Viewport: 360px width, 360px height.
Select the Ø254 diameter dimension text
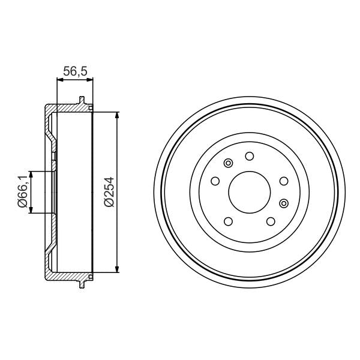click(110, 192)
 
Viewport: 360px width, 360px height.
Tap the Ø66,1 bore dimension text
click(23, 192)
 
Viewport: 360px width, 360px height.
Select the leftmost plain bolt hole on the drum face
click(215, 181)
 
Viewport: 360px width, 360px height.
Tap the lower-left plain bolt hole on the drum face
click(228, 221)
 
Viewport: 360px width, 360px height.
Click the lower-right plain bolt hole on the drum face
click(271, 221)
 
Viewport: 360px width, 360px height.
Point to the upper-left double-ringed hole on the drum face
click(228, 163)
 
